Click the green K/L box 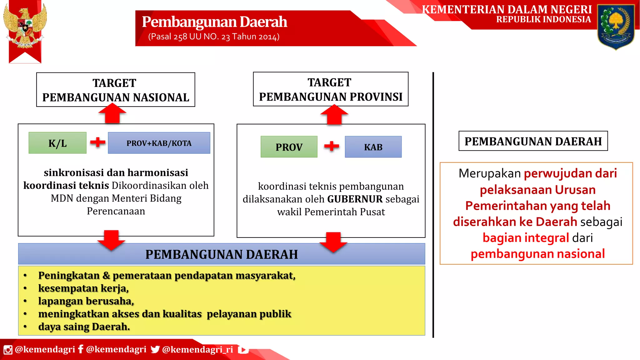point(57,143)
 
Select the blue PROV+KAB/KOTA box point(159,143)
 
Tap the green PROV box point(289,147)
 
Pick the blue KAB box point(373,147)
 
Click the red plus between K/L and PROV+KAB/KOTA point(97,142)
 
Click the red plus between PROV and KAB point(332,146)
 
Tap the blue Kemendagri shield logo point(616,27)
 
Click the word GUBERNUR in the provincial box point(355,199)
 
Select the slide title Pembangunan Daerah point(214,22)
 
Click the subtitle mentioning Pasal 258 point(214,37)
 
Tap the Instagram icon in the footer point(8,350)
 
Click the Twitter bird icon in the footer point(155,349)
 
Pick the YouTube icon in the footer point(243,350)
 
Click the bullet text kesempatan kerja point(83,288)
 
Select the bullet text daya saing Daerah point(84,327)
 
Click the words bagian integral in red point(526,238)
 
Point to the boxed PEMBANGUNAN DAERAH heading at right point(533,141)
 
